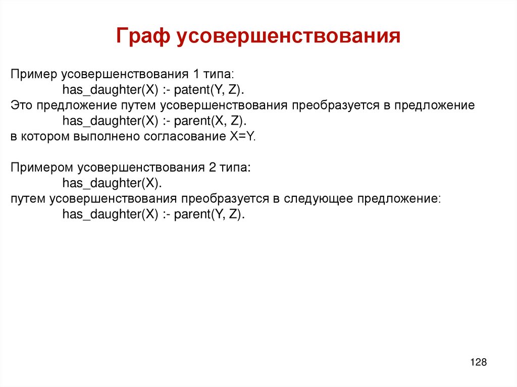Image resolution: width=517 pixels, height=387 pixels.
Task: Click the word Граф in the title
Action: pos(142,37)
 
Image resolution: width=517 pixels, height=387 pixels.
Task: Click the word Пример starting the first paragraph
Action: pos(34,75)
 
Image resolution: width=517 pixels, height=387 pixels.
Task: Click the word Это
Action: pos(21,105)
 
